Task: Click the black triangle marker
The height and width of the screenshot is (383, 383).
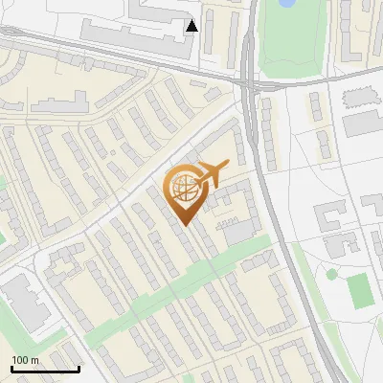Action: (191, 26)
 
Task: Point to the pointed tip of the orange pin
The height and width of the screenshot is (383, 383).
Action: (185, 225)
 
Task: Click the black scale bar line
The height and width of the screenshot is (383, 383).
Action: (45, 369)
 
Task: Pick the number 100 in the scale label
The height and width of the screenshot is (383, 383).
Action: (21, 360)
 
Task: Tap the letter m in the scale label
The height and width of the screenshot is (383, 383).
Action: (34, 360)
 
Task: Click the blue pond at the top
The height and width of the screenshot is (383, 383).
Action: (285, 4)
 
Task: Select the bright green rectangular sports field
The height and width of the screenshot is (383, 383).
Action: (360, 290)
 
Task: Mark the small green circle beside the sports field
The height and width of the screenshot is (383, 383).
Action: (332, 274)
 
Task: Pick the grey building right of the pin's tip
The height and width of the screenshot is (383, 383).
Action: (237, 231)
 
